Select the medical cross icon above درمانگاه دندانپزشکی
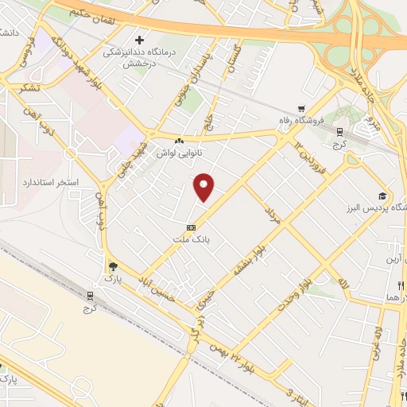tap(140, 39)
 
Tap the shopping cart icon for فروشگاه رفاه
tap(301, 110)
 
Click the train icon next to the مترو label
tap(340, 132)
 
